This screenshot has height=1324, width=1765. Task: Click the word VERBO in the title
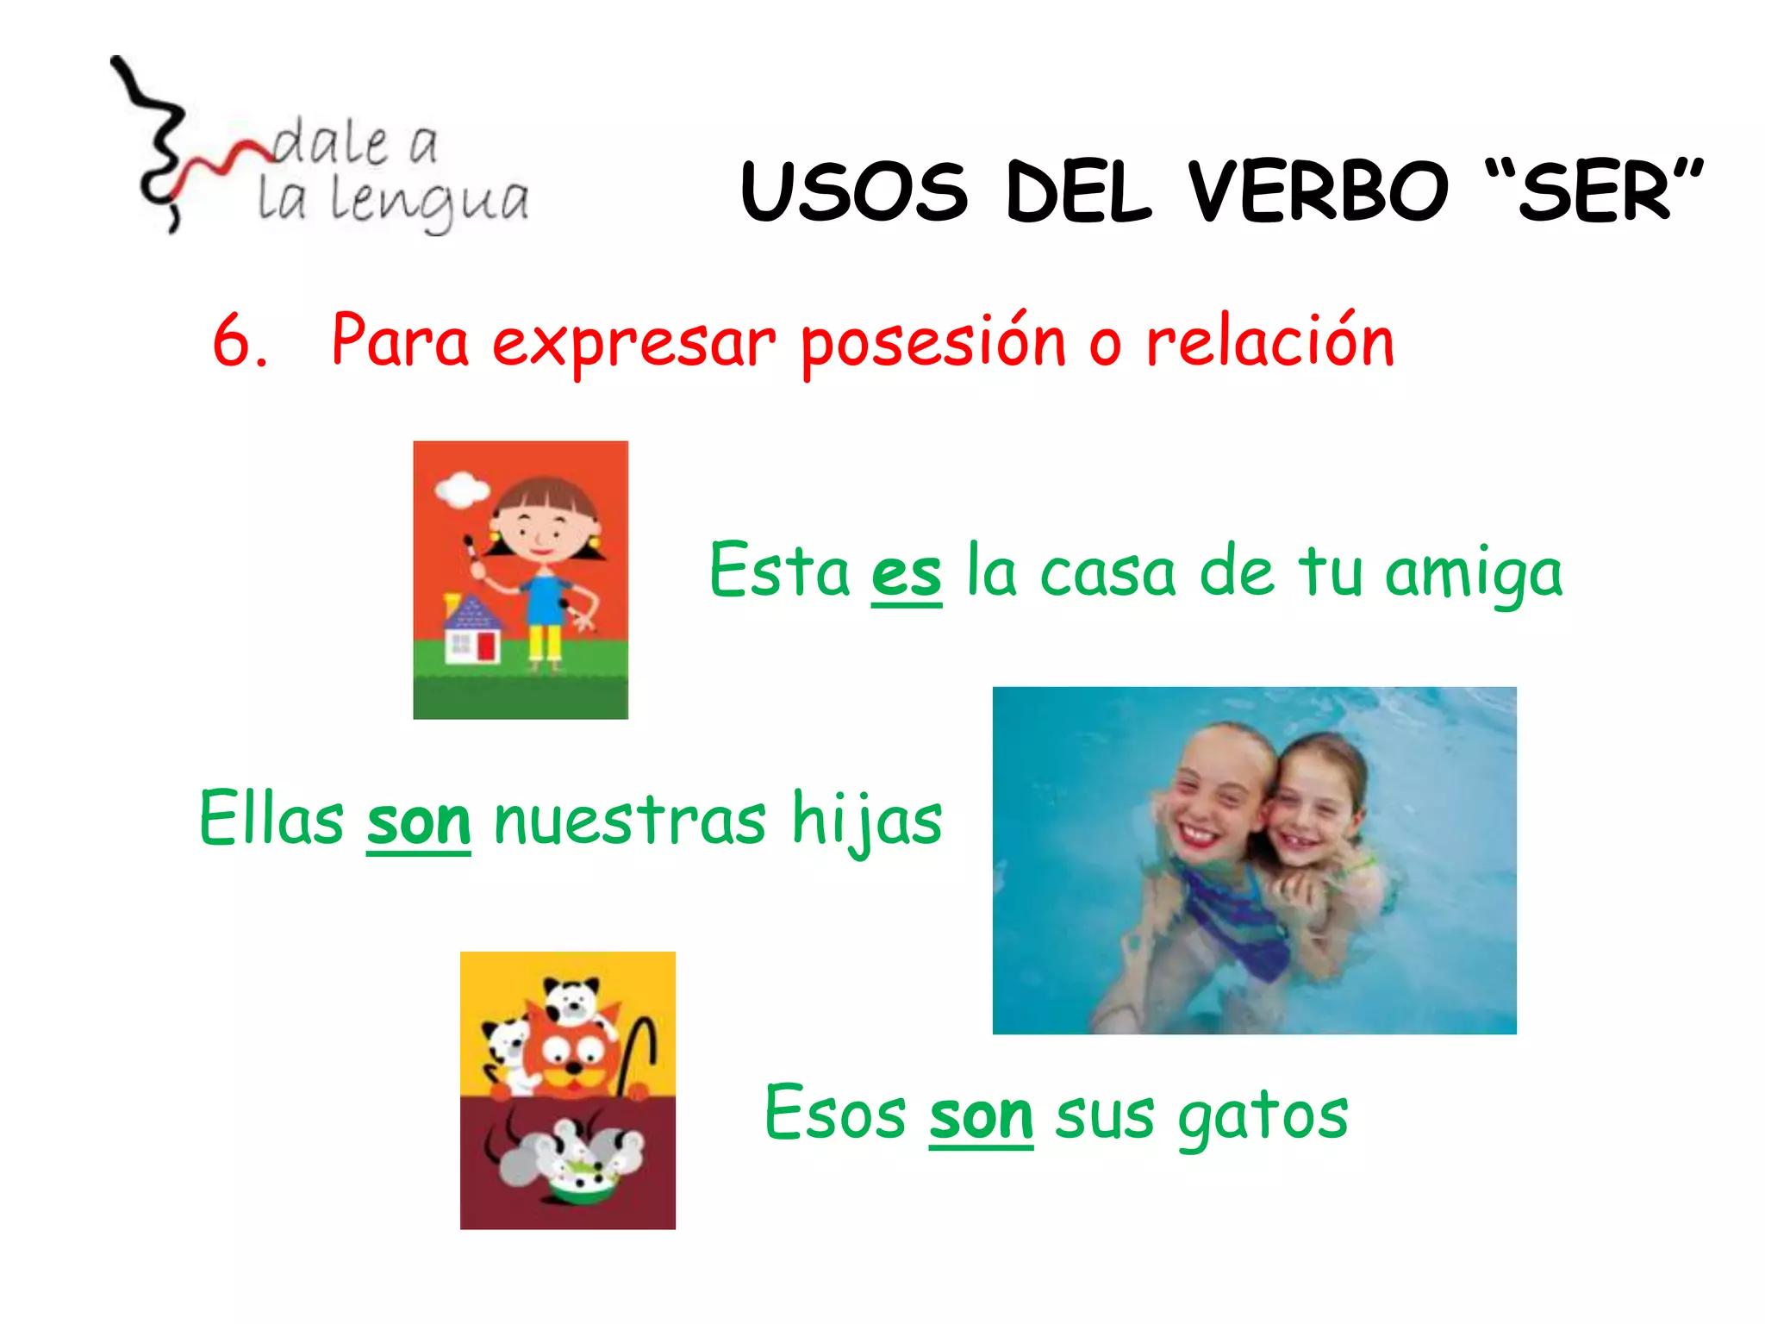click(1318, 191)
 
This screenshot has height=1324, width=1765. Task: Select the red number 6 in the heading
click(234, 341)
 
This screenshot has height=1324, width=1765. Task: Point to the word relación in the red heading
click(1269, 341)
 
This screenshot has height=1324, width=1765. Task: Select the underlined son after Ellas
click(418, 821)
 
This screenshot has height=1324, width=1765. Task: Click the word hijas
click(866, 821)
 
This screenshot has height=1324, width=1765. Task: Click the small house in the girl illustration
click(471, 630)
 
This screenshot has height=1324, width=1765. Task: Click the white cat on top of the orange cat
click(571, 1000)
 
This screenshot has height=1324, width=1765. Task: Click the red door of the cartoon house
click(488, 646)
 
